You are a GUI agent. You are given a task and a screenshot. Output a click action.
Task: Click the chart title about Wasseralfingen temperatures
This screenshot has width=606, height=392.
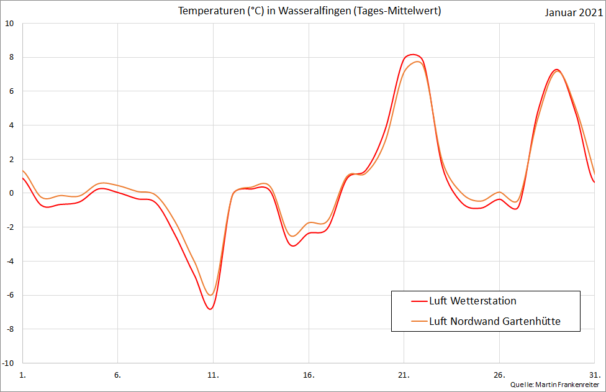(309, 11)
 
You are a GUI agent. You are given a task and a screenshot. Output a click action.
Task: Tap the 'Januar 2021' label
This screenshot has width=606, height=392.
(574, 12)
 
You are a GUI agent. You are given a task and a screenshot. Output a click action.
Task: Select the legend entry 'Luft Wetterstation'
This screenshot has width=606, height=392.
(473, 301)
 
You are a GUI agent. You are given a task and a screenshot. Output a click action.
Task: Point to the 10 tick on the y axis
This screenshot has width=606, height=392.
(9, 24)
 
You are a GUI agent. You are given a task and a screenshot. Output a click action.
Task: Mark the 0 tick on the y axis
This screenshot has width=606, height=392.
(11, 193)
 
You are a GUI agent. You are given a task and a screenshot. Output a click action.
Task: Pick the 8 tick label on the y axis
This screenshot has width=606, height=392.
(11, 58)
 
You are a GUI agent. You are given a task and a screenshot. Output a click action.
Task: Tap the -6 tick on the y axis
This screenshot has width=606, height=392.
(10, 295)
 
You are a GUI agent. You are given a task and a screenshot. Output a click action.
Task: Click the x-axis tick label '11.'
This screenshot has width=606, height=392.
(213, 375)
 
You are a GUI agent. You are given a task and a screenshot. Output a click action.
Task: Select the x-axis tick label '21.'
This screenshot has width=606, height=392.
(404, 375)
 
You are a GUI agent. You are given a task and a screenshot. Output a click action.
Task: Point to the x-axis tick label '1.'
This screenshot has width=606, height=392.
(23, 375)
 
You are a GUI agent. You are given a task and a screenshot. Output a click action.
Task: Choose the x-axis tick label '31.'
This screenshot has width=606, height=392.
(594, 375)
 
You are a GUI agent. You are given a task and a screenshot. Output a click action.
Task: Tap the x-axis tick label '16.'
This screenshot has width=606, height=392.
(309, 375)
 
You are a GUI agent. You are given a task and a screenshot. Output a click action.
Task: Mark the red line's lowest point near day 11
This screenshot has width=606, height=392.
(210, 309)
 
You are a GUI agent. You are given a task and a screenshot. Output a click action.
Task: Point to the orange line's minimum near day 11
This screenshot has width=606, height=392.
(211, 295)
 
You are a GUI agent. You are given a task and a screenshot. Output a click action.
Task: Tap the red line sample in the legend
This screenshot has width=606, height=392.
(419, 301)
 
